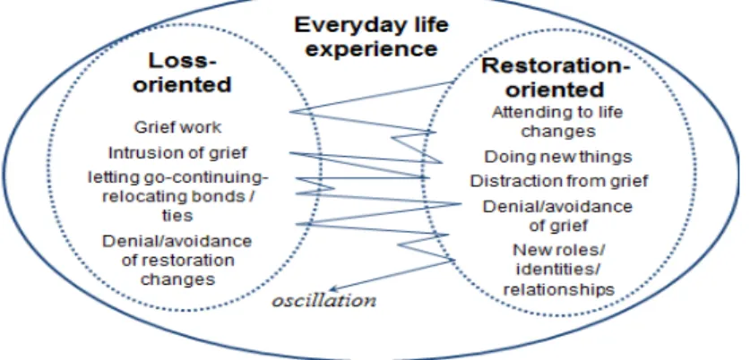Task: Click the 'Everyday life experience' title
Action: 371,37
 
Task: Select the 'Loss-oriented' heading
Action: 182,73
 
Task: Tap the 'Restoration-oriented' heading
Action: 555,78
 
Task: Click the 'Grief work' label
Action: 177,127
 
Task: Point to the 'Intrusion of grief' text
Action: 177,153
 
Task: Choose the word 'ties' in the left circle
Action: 177,215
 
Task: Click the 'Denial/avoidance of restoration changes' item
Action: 177,260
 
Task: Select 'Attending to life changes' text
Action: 557,122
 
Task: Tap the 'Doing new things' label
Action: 558,157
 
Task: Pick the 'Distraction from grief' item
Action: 558,181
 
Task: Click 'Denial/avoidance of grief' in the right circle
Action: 557,216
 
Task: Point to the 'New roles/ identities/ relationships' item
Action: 558,270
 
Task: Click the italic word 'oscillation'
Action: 323,301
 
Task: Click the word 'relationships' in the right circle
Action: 558,289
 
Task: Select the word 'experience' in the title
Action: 371,48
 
